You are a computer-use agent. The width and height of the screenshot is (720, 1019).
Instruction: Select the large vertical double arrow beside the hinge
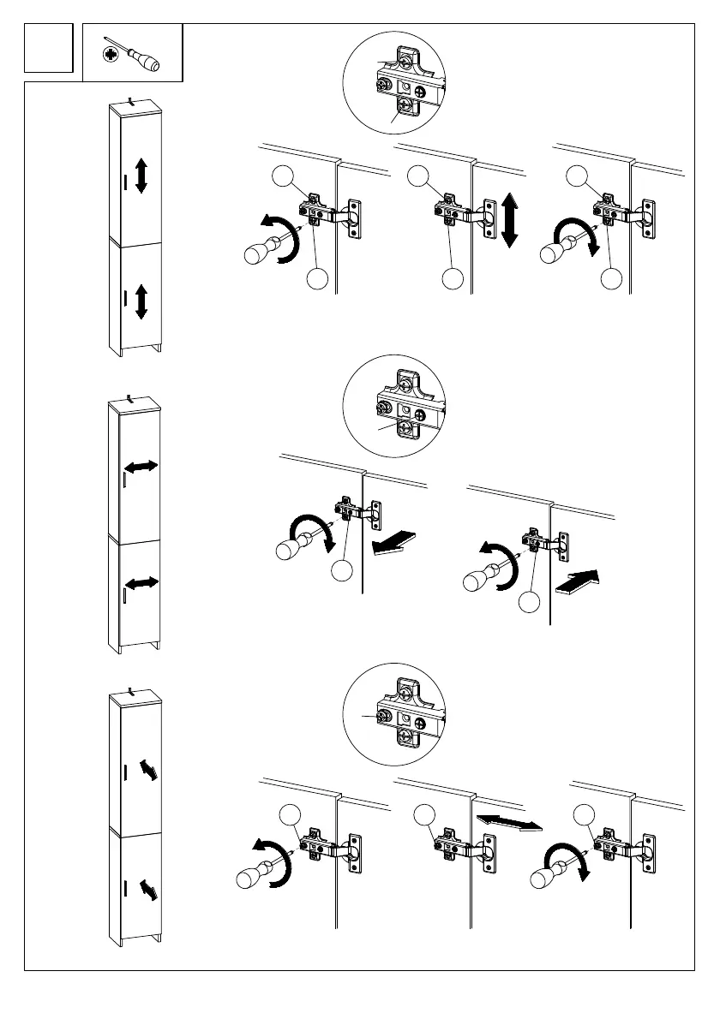point(511,220)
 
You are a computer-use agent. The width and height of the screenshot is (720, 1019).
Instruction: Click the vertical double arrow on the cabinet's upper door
point(141,175)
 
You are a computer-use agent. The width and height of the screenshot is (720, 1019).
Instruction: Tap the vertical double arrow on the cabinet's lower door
point(141,303)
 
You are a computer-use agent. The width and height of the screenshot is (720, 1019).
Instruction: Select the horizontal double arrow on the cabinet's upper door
point(141,467)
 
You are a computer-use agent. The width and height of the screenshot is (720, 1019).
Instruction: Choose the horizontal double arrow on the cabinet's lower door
point(141,583)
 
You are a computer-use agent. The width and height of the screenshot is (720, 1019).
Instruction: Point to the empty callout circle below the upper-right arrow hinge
point(529,602)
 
